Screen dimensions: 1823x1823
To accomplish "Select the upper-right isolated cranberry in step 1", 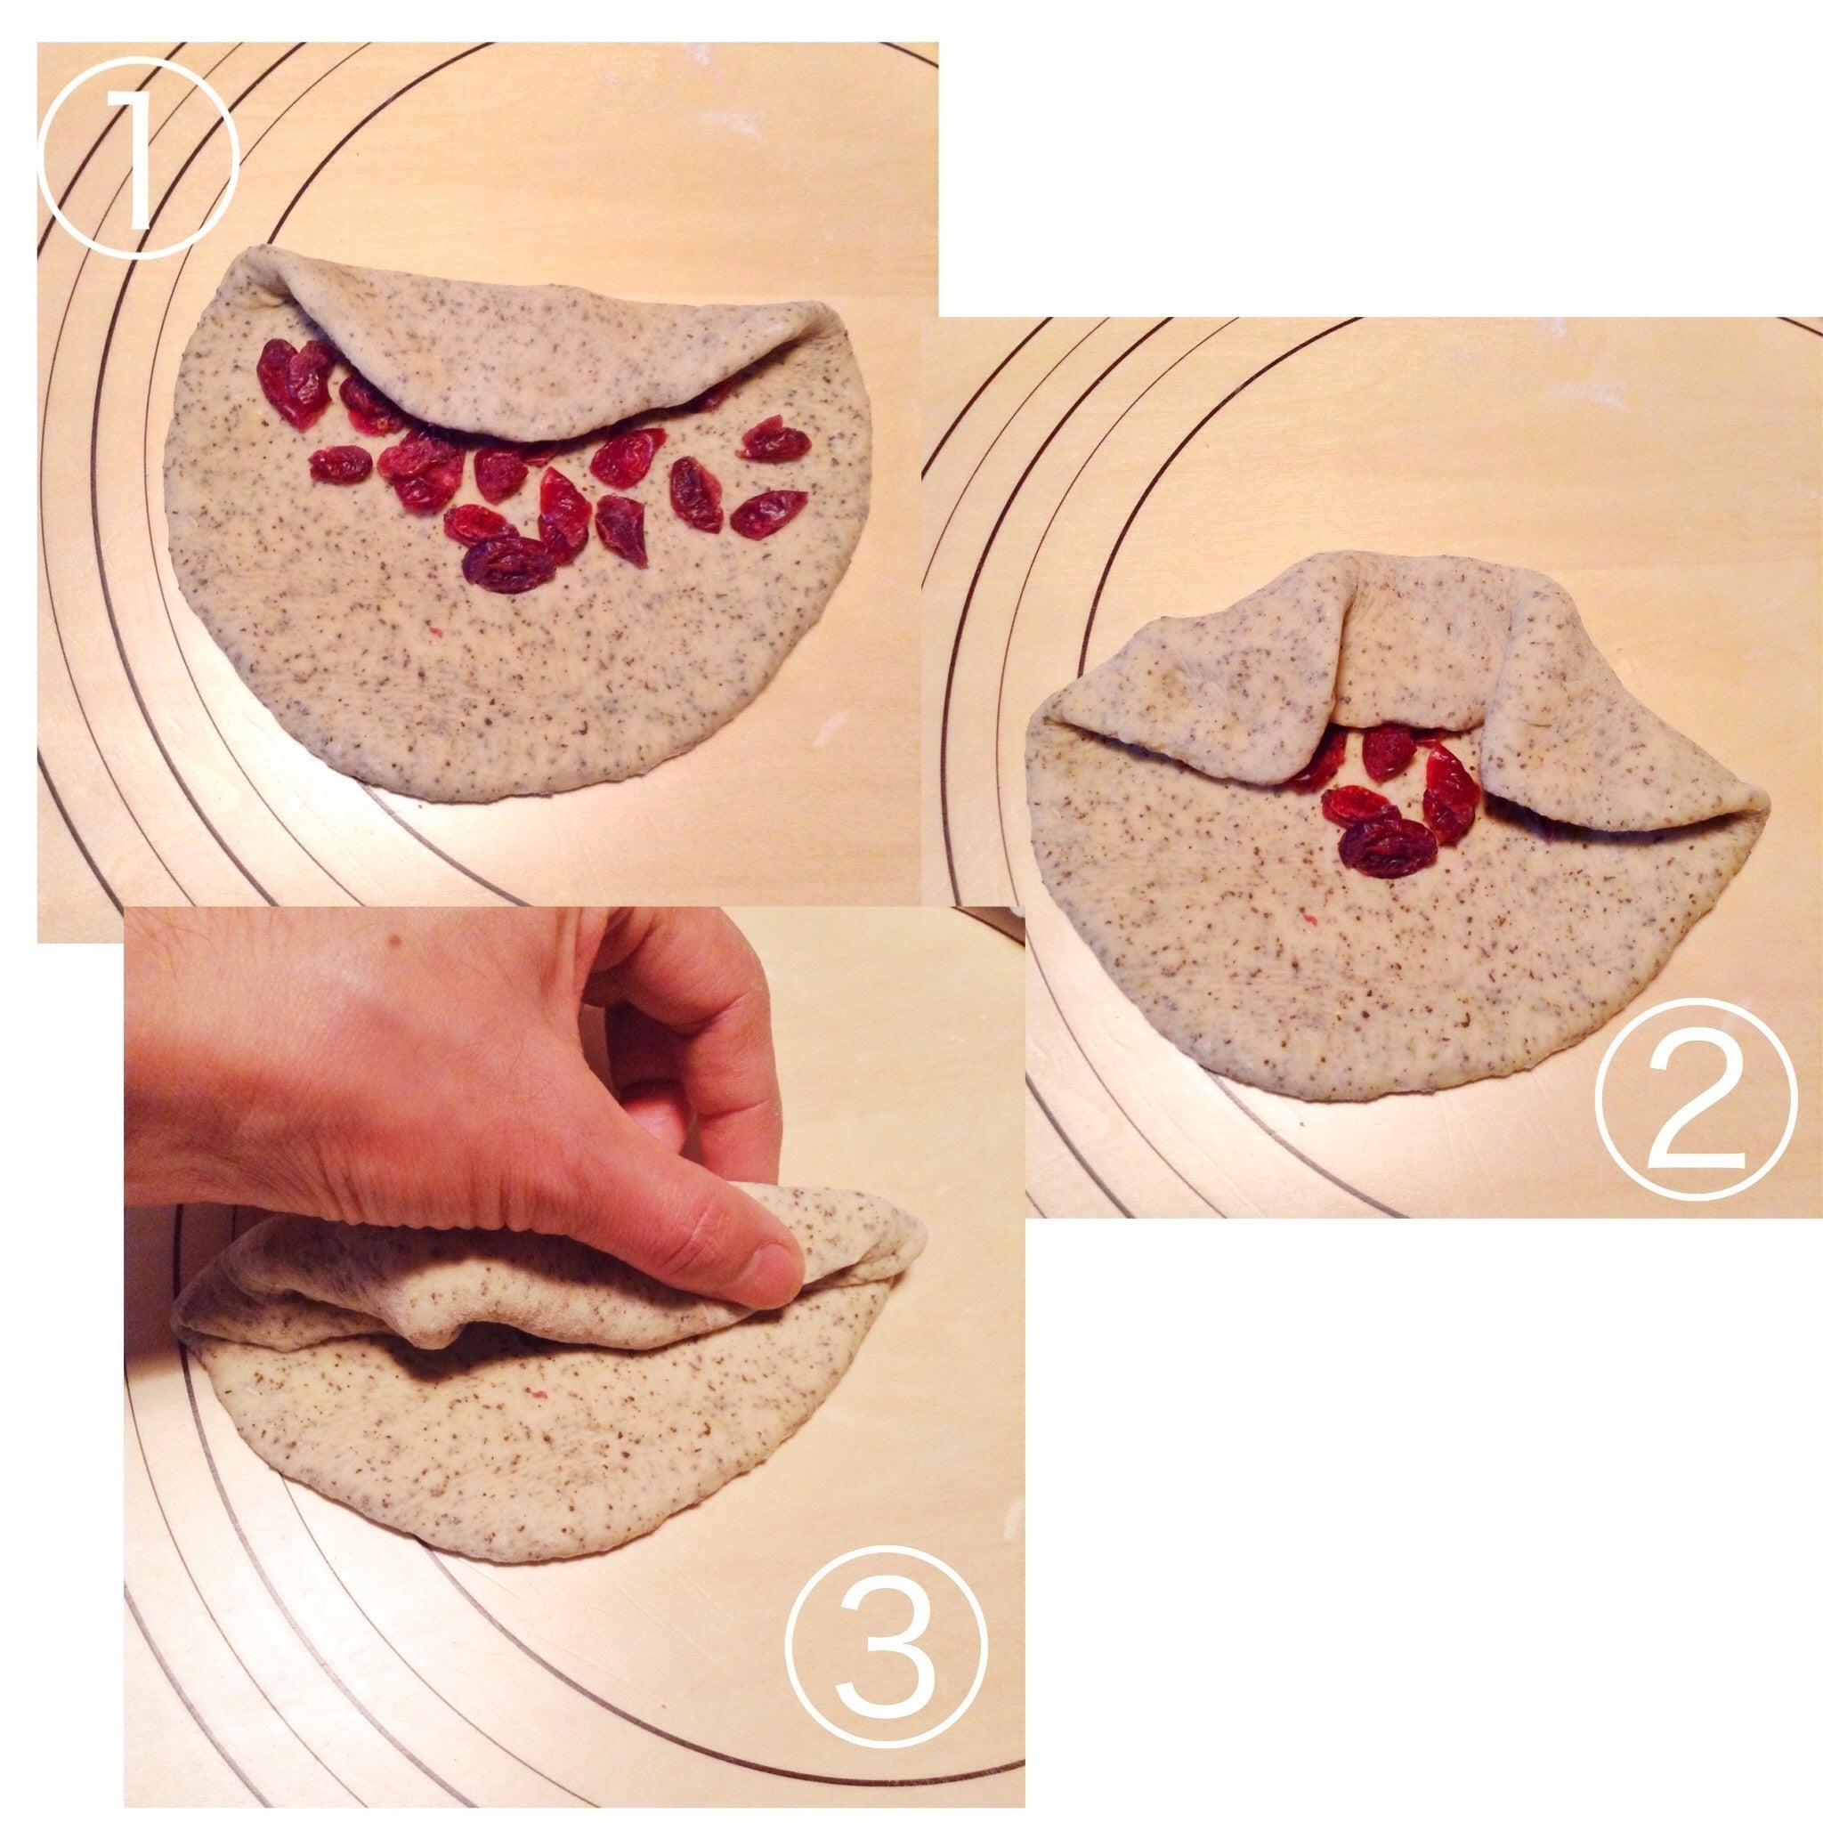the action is coord(774,440).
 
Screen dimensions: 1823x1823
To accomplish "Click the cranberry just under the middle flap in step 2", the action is coord(1387,751).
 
